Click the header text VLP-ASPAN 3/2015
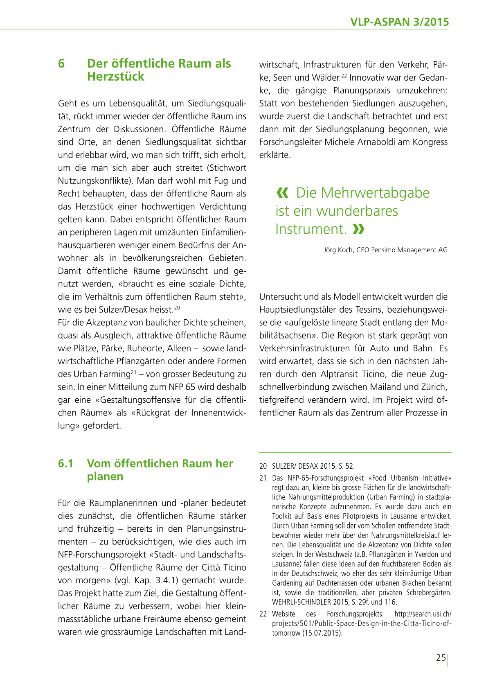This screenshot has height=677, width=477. point(399,22)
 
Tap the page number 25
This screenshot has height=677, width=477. point(441,658)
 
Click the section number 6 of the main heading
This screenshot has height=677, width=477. point(61,64)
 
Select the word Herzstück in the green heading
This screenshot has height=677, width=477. point(116,77)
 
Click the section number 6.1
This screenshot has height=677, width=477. point(65,464)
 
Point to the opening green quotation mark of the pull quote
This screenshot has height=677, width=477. point(282,193)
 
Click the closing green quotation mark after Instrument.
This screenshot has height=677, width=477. point(358,229)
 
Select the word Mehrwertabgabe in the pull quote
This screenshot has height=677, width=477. point(363,193)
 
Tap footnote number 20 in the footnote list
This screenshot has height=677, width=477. point(263,466)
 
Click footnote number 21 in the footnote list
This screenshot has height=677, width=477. point(263,478)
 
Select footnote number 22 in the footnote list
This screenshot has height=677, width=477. point(263,614)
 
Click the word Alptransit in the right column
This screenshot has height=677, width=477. point(340,374)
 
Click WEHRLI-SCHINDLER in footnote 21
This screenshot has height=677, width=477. point(295,602)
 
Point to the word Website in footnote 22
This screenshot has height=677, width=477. point(283,614)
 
